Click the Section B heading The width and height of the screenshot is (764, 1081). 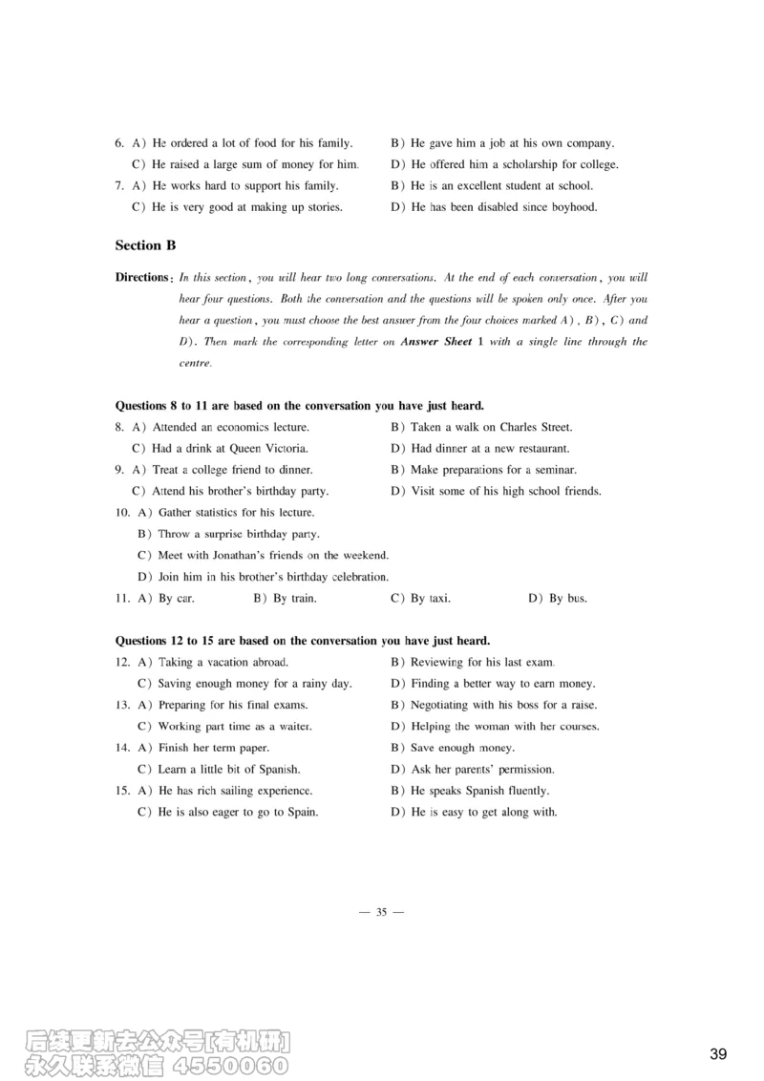click(x=145, y=245)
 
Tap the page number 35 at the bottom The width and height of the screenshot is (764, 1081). click(x=381, y=912)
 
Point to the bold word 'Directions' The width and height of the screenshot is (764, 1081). click(x=142, y=278)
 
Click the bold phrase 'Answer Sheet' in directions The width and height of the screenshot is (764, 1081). click(x=436, y=342)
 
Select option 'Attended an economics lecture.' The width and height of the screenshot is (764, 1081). click(x=230, y=427)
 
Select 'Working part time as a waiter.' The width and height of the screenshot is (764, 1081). click(x=234, y=727)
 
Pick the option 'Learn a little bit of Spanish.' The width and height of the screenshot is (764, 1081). click(x=229, y=770)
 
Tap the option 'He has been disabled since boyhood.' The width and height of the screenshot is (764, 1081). click(x=503, y=207)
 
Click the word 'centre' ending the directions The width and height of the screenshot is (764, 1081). click(x=195, y=363)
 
